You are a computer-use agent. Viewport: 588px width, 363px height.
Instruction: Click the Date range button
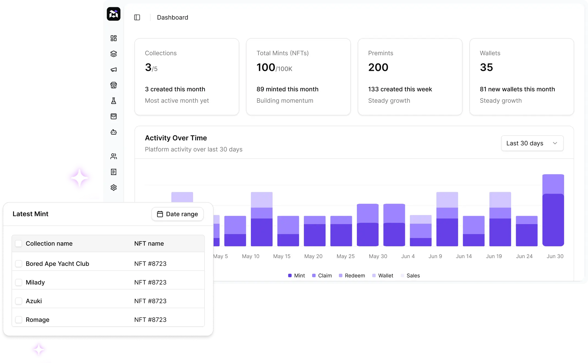coord(177,214)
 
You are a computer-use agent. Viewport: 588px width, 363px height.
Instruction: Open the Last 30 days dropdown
coord(532,143)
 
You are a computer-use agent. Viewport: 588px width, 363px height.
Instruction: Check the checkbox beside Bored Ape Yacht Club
coord(19,264)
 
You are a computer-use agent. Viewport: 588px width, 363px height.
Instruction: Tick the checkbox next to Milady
coord(19,282)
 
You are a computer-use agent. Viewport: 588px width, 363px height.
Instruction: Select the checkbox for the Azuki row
coord(19,301)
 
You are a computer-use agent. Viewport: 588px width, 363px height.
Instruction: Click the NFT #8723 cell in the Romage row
coord(150,320)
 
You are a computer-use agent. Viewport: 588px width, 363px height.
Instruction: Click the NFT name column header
coord(149,244)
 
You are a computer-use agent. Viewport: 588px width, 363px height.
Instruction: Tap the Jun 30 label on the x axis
coord(555,256)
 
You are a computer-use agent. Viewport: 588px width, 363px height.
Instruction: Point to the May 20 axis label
coord(313,256)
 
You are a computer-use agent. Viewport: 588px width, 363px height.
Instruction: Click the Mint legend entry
coord(296,275)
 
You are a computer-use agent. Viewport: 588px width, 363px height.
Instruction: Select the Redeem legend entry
coord(352,275)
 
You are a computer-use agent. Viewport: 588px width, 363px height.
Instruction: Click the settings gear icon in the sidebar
coord(114,188)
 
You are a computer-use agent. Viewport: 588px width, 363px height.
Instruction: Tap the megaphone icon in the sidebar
coord(114,69)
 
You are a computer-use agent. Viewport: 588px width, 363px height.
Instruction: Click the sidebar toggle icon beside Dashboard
coord(137,18)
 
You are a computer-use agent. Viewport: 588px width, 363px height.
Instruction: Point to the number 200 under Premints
coord(378,68)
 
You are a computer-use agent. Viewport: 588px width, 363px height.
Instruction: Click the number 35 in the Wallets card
coord(486,68)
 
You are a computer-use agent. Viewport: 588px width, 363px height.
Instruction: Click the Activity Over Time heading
coord(176,138)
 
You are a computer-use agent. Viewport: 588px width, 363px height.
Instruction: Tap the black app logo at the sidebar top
coord(114,14)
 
